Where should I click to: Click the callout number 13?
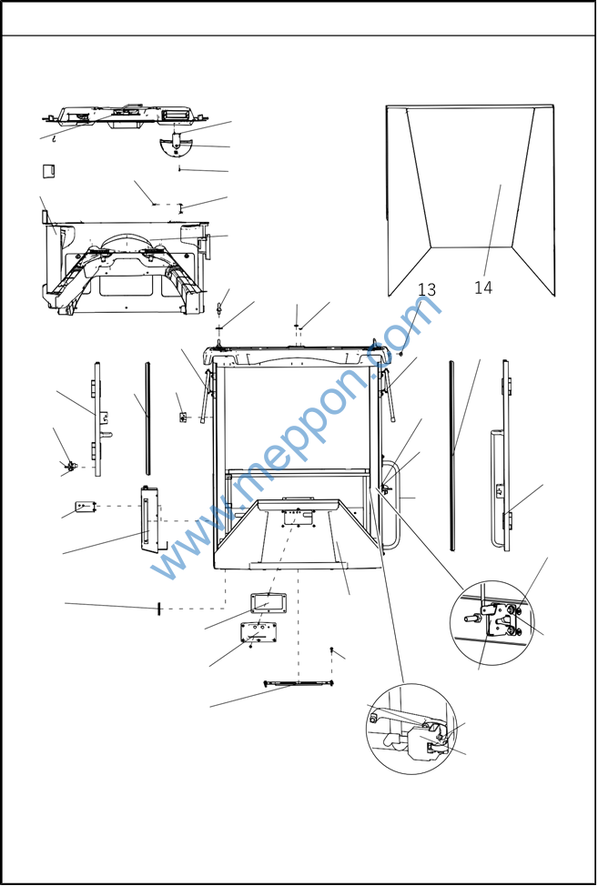[x=427, y=290]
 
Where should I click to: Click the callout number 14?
[x=483, y=287]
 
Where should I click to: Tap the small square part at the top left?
[x=48, y=171]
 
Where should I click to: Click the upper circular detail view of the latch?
[x=491, y=623]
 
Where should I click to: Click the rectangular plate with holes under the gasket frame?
[x=258, y=631]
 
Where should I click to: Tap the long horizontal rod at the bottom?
[x=299, y=684]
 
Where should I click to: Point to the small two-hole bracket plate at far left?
[x=86, y=507]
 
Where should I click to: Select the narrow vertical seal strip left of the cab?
[x=148, y=418]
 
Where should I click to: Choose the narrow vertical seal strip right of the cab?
[x=451, y=456]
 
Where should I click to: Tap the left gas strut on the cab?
[x=208, y=396]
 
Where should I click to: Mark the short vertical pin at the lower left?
[x=158, y=609]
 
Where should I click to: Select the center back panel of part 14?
[x=471, y=176]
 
